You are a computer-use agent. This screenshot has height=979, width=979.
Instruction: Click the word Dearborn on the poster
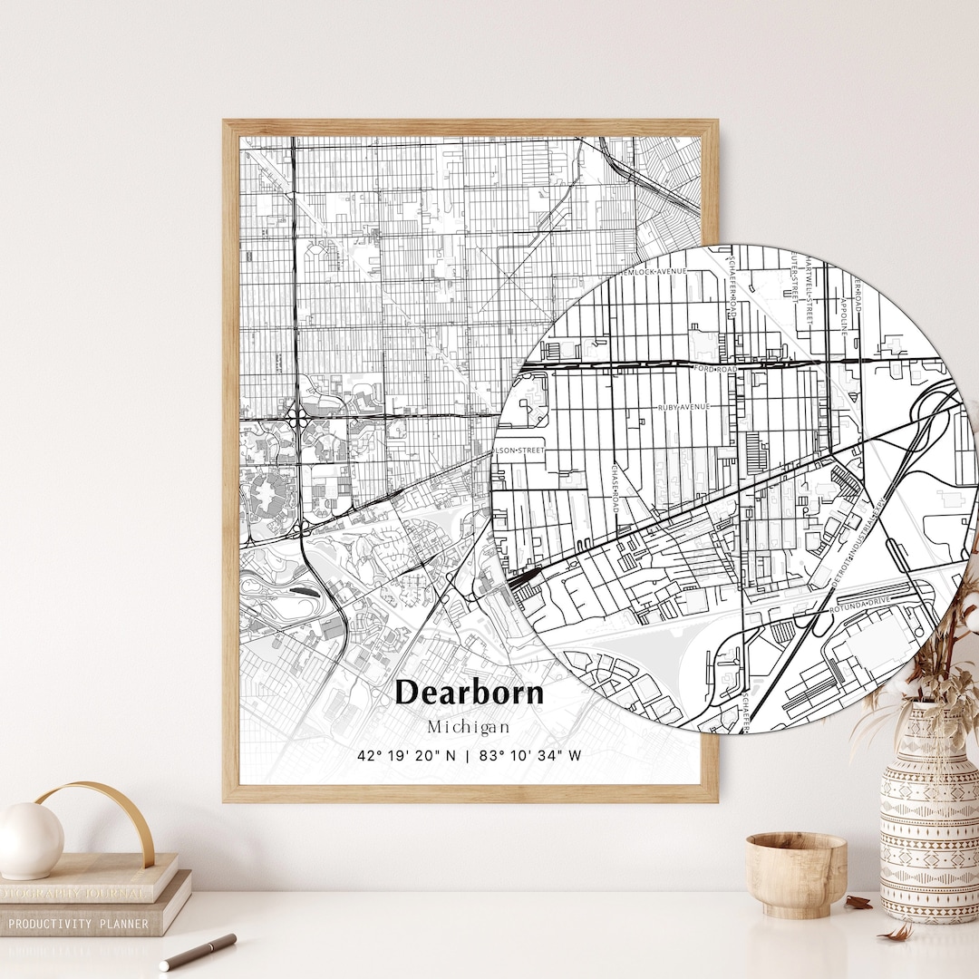coord(470,693)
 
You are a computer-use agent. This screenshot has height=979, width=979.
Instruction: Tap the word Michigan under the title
coord(469,727)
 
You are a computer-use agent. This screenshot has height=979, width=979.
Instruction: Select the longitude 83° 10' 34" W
coord(528,755)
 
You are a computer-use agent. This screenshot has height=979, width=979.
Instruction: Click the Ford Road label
coord(715,370)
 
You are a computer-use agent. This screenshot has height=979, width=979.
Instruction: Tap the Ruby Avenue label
coord(684,407)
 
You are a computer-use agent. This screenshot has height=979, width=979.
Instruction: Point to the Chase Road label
coord(615,489)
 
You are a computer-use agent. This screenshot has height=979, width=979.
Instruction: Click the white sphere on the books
coord(30,840)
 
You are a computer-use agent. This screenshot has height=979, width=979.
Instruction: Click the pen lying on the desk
coord(198,952)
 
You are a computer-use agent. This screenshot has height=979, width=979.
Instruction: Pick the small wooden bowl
coord(796,874)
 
